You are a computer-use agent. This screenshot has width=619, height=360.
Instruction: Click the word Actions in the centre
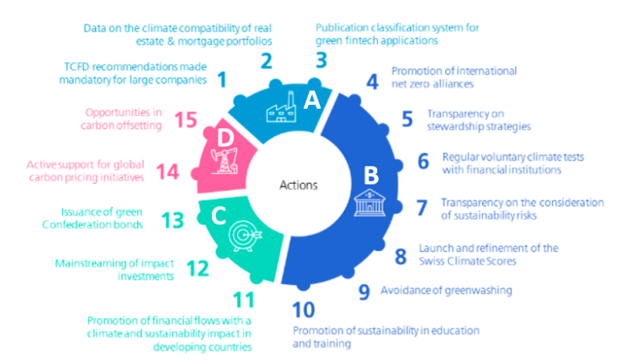[x=298, y=185]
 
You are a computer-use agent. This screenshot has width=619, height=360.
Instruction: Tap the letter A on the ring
[x=312, y=100]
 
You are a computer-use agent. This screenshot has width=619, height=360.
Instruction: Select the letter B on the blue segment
[x=371, y=176]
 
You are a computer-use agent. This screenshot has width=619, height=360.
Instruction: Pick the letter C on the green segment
[x=218, y=215]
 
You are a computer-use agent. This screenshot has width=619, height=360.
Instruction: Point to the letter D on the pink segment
[x=226, y=138]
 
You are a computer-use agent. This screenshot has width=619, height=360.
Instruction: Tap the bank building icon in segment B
[x=369, y=203]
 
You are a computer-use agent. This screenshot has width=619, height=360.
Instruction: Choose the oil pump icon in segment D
[x=224, y=160]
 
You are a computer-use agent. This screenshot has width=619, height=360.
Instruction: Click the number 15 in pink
[x=185, y=119]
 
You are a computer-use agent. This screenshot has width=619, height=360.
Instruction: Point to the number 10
[x=303, y=310]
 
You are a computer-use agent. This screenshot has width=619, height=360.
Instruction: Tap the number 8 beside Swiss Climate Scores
[x=401, y=257]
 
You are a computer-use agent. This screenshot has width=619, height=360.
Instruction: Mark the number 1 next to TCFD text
[x=222, y=79]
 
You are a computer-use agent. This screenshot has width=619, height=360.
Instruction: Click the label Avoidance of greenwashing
[x=446, y=291]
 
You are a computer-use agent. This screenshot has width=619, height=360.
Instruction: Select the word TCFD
[x=77, y=66]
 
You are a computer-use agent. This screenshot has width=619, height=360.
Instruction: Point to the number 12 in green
[x=197, y=268]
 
